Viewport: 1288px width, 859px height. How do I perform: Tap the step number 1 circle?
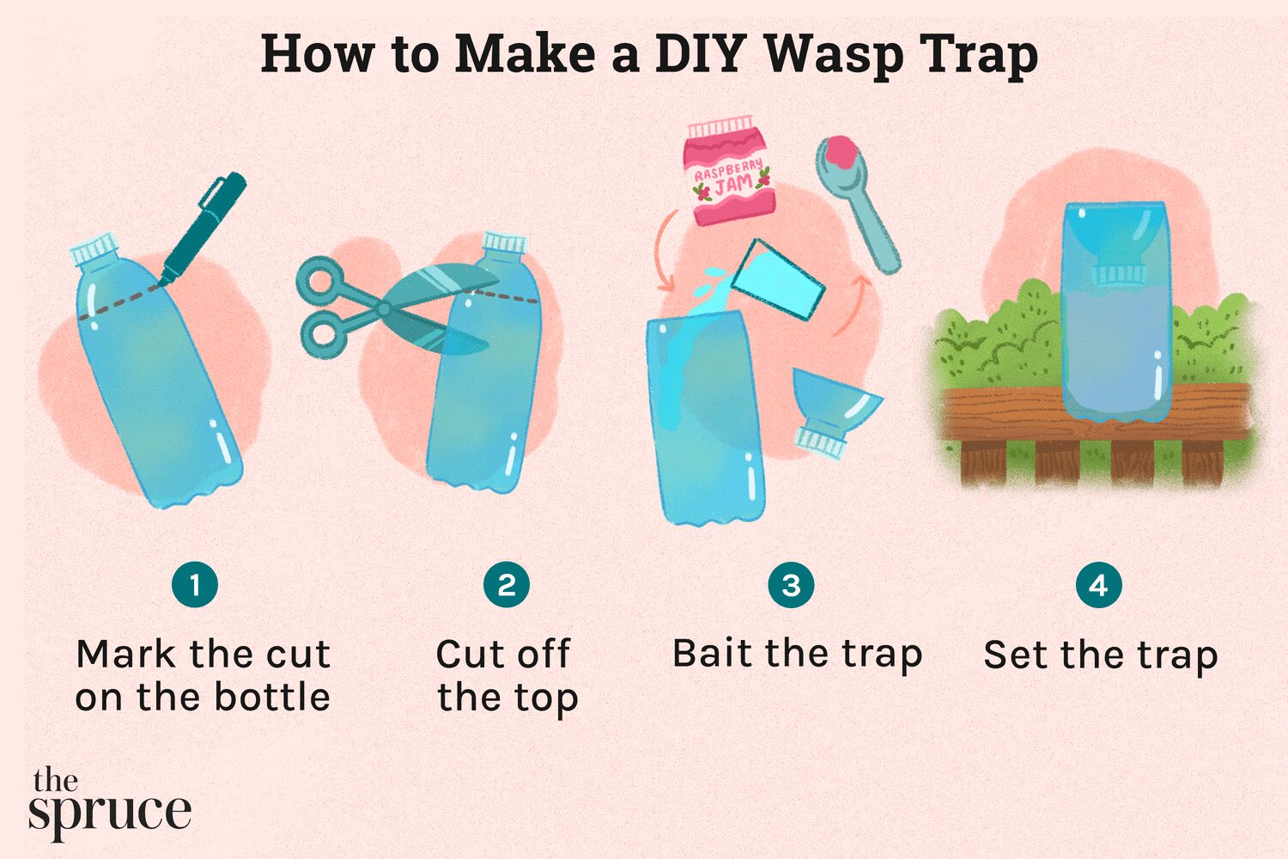click(x=195, y=585)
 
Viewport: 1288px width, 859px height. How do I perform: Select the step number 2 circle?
click(x=507, y=585)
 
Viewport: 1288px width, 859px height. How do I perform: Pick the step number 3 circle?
click(x=791, y=585)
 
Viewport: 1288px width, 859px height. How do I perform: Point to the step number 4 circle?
click(x=1099, y=585)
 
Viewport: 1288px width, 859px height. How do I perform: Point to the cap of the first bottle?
click(x=94, y=248)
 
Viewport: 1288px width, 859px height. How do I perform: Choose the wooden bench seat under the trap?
click(x=1096, y=414)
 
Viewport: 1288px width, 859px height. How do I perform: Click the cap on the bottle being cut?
click(x=504, y=242)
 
